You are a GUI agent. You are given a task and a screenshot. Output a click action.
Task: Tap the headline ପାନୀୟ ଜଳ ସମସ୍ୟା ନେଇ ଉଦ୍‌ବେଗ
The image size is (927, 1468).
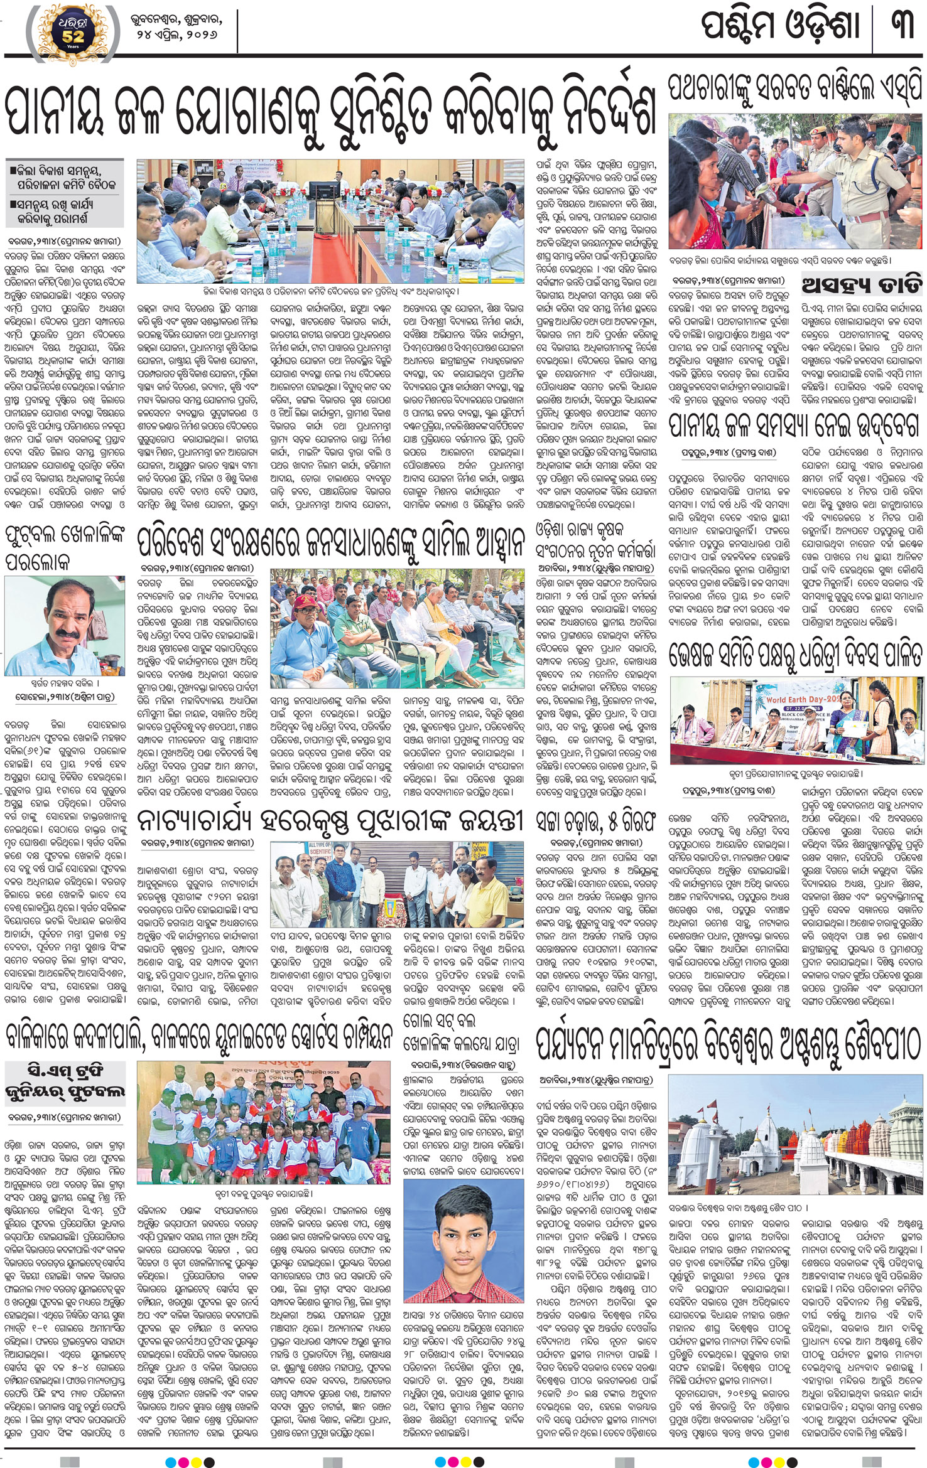tap(794, 427)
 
